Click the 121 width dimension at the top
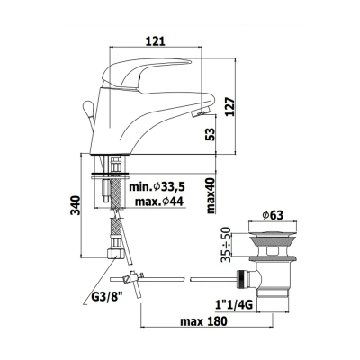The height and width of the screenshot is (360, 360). point(156,40)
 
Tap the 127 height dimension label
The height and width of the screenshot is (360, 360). point(230,106)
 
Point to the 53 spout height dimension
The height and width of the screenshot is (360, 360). point(211,134)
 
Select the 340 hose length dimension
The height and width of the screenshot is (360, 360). point(76,205)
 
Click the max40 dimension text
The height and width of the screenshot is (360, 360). point(211,195)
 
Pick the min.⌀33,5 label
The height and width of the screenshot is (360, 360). point(157,187)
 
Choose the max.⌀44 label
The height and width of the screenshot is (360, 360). point(159,202)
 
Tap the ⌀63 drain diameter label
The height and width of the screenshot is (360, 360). point(273,215)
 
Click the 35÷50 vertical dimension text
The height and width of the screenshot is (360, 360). point(228,245)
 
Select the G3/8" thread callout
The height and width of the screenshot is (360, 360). point(103,298)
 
